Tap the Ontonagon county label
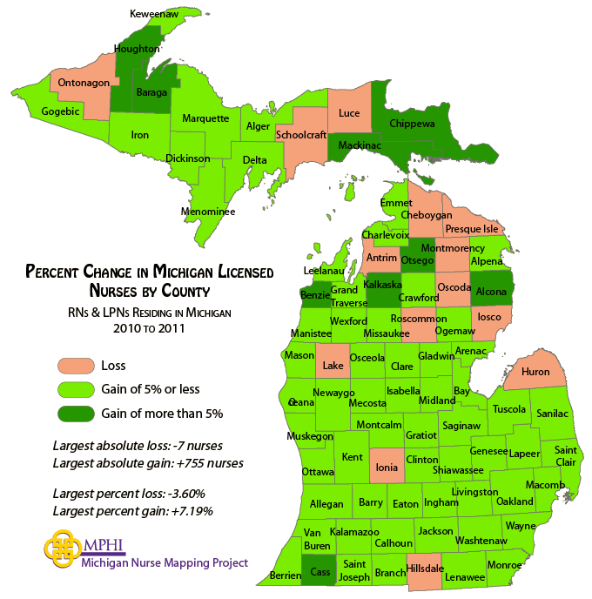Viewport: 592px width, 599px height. (x=84, y=83)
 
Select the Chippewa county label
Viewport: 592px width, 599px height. (x=412, y=125)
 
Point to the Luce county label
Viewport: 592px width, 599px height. (x=349, y=113)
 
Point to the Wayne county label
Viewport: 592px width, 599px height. (x=520, y=526)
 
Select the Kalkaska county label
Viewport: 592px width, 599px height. (x=382, y=285)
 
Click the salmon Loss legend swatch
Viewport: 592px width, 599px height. (x=75, y=365)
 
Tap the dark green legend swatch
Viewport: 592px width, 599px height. (x=75, y=414)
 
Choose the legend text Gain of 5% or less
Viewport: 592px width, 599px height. (x=151, y=389)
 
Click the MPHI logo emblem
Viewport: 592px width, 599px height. (x=62, y=549)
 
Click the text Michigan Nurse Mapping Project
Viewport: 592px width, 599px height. (x=165, y=562)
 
